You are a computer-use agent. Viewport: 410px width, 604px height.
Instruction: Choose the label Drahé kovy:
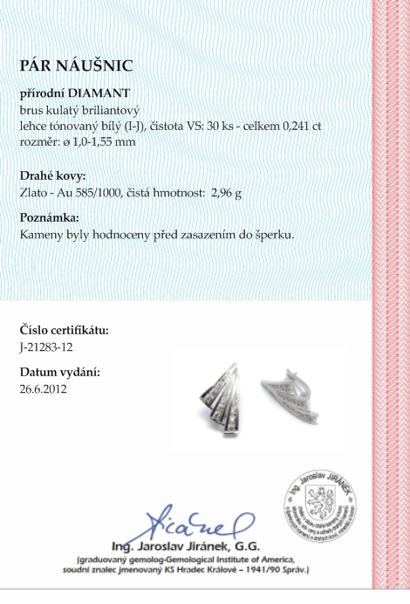coord(52,175)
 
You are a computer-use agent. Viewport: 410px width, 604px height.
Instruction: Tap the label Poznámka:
coord(50,217)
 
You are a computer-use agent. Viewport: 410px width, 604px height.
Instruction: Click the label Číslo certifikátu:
coord(64,330)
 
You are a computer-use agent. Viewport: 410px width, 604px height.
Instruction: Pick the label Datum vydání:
coord(59,372)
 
